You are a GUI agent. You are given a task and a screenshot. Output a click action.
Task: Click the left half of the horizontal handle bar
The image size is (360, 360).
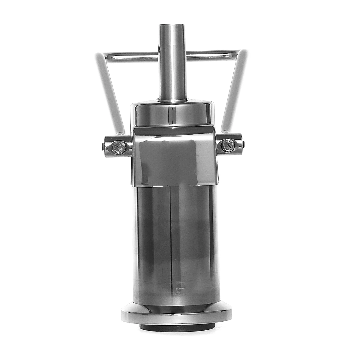coord(132,55)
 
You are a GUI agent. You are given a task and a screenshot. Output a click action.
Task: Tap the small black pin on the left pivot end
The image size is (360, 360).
coord(103,146)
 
